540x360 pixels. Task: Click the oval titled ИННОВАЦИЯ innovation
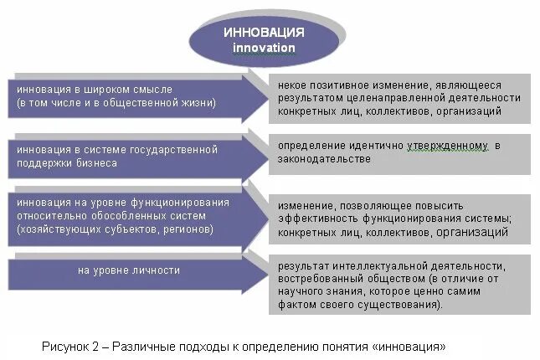pos(265,39)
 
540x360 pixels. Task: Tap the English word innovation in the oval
pos(264,48)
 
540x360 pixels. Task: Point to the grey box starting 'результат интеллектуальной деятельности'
pos(399,285)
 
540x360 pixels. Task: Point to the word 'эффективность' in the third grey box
pos(316,219)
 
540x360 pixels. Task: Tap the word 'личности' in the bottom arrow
pos(159,270)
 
